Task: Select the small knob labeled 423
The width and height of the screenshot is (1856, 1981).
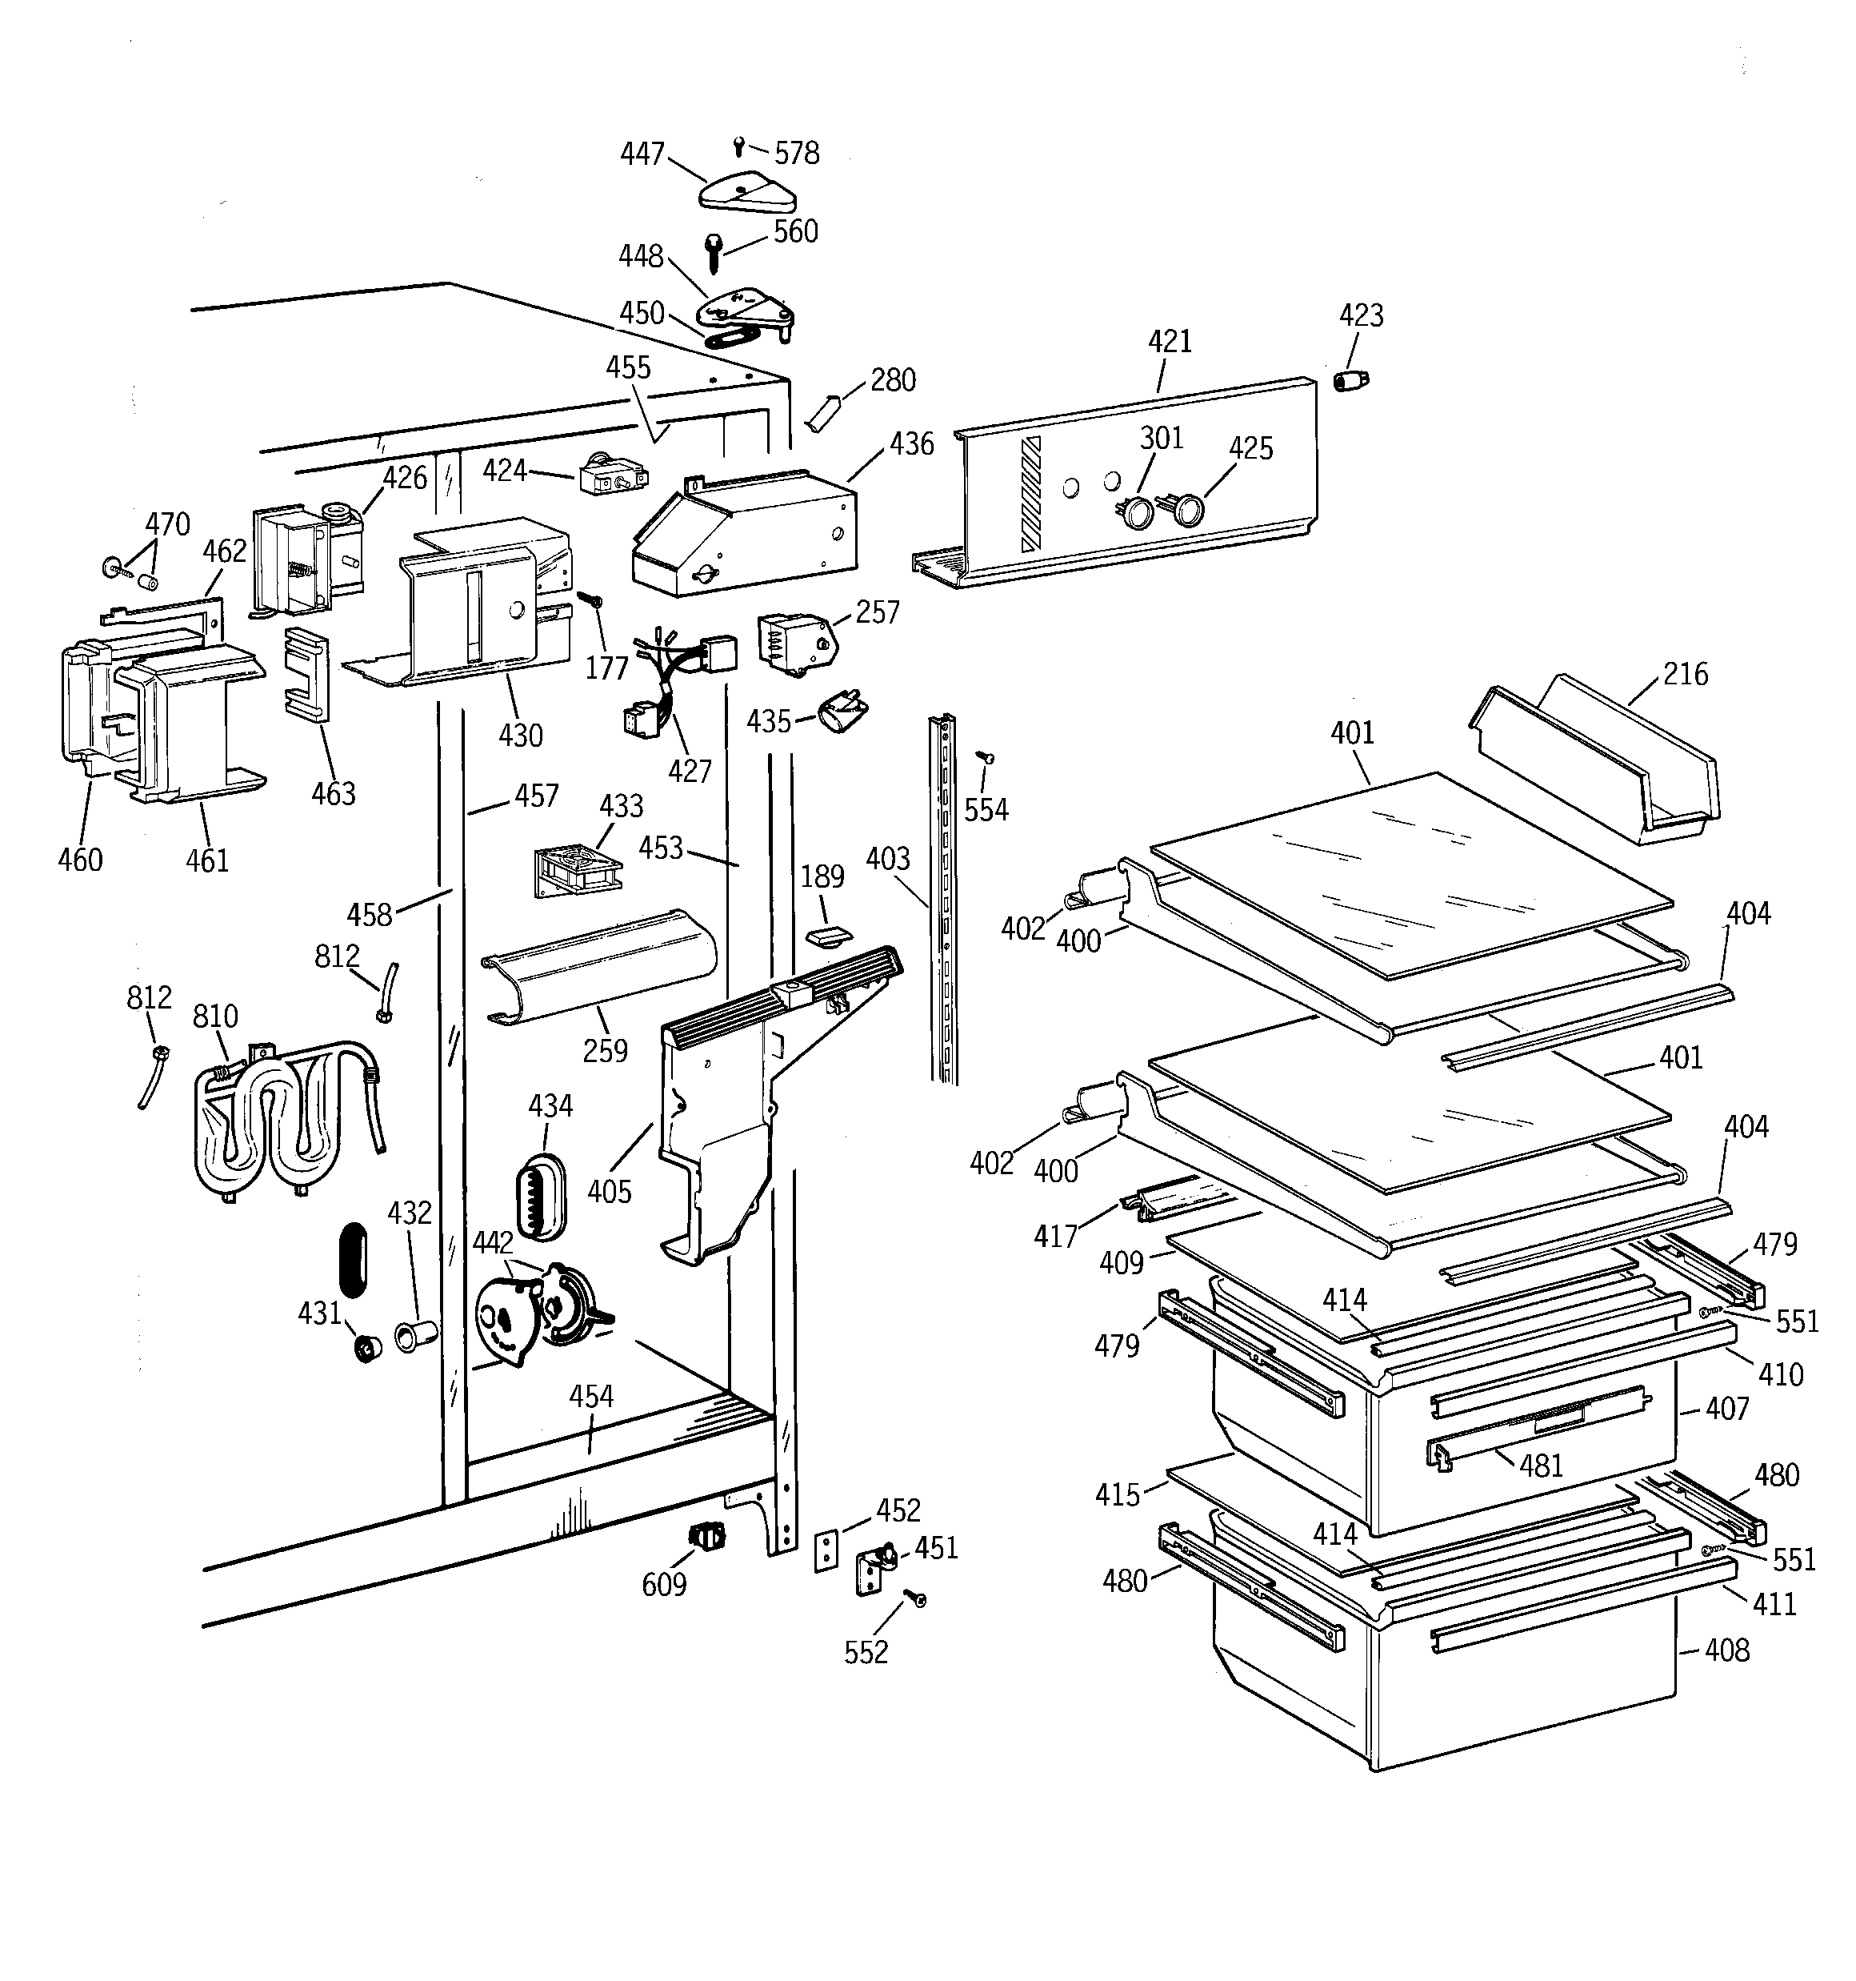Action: click(1351, 381)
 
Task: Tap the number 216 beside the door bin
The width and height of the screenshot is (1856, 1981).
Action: click(1685, 675)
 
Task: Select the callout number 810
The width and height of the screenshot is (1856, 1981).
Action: click(215, 1017)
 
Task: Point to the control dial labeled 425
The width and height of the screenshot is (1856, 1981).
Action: click(1186, 512)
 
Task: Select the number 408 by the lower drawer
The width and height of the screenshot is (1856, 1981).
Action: click(1726, 1650)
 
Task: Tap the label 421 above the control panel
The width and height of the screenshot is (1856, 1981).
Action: click(1170, 342)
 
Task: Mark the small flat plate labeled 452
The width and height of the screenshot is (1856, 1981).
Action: click(826, 1551)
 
